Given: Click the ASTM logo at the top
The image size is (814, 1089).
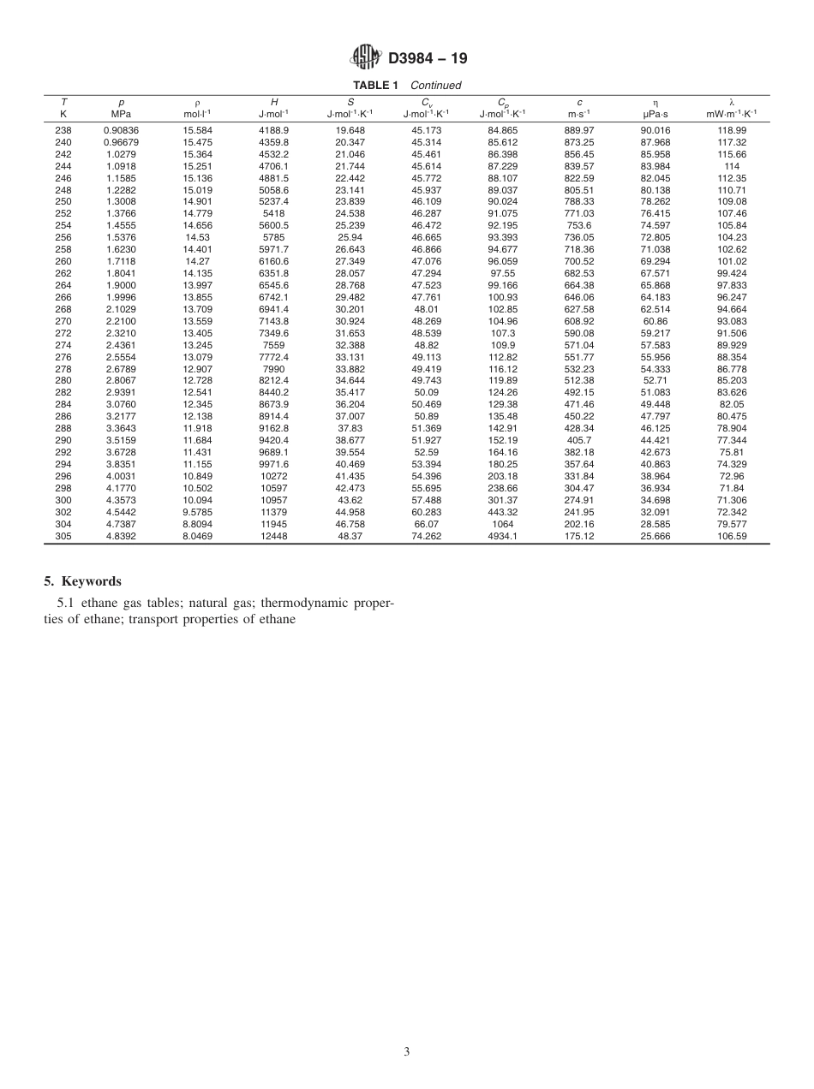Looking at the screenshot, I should [366, 57].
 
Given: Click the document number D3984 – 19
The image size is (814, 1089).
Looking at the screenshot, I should [428, 58].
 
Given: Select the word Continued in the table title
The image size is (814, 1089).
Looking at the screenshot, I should [435, 86].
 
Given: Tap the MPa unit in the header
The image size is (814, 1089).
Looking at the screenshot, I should [121, 113].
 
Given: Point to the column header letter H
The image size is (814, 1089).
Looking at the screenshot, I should [274, 102].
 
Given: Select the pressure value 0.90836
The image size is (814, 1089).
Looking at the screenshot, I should [121, 130].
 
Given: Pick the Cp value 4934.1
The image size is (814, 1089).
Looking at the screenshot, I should [503, 536].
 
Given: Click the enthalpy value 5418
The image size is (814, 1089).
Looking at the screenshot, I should [274, 214].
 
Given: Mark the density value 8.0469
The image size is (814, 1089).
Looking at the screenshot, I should [198, 536].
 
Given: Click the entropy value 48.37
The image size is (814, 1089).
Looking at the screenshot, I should [350, 536].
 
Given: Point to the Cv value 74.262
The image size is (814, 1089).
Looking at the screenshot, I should [427, 536].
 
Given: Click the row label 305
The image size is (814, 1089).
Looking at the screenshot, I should [63, 536].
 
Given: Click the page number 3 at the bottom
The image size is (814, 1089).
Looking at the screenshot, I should [407, 1051].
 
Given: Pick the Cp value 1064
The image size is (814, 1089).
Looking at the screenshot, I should [503, 524].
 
